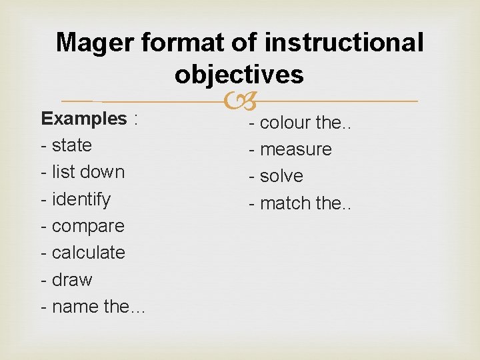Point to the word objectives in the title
pos(239,75)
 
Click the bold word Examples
pos(84,119)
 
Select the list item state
pos(71,145)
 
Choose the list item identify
pos(81,199)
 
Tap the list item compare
pos(87,226)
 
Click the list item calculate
pos(88,253)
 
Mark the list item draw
pos(71,280)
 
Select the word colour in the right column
pos(285,123)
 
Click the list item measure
pos(295,149)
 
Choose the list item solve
pos(281,176)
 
